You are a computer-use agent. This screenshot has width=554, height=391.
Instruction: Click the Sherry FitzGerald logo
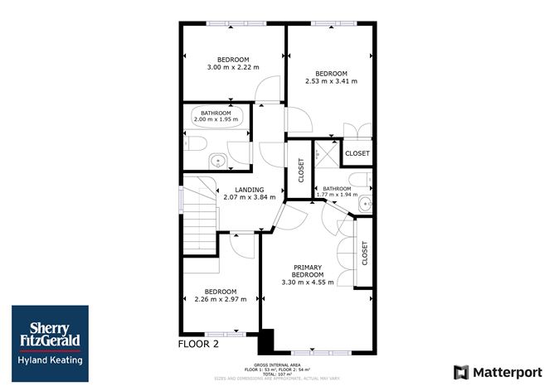coord(49,335)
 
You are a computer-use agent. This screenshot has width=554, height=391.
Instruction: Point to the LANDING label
coord(249,190)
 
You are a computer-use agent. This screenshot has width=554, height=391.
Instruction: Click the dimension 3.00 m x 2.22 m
coord(233,67)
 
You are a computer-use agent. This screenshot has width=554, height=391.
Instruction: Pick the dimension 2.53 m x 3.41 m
coord(331,81)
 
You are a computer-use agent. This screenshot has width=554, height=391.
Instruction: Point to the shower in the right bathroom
coord(330,151)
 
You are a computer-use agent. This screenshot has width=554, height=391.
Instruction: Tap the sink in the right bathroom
coord(365,204)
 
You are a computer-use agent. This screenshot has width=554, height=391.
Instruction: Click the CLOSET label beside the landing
coord(301,170)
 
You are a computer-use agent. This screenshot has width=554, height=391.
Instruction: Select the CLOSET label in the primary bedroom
coord(364,253)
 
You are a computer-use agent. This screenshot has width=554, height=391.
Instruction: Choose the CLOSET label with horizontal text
coord(357,154)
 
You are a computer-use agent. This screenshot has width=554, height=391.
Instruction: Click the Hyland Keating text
coord(49,360)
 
